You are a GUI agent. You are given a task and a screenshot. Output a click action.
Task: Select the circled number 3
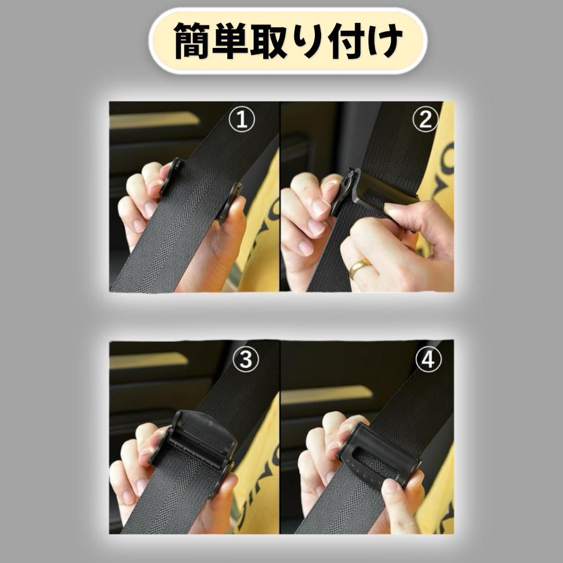click(x=246, y=359)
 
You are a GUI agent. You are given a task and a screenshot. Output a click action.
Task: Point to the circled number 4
click(x=429, y=359)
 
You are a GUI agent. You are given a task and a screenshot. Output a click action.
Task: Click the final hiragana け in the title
click(x=383, y=40)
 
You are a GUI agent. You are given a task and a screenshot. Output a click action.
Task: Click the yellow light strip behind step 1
click(x=154, y=119)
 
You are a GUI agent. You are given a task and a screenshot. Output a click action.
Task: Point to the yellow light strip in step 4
click(x=327, y=395)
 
